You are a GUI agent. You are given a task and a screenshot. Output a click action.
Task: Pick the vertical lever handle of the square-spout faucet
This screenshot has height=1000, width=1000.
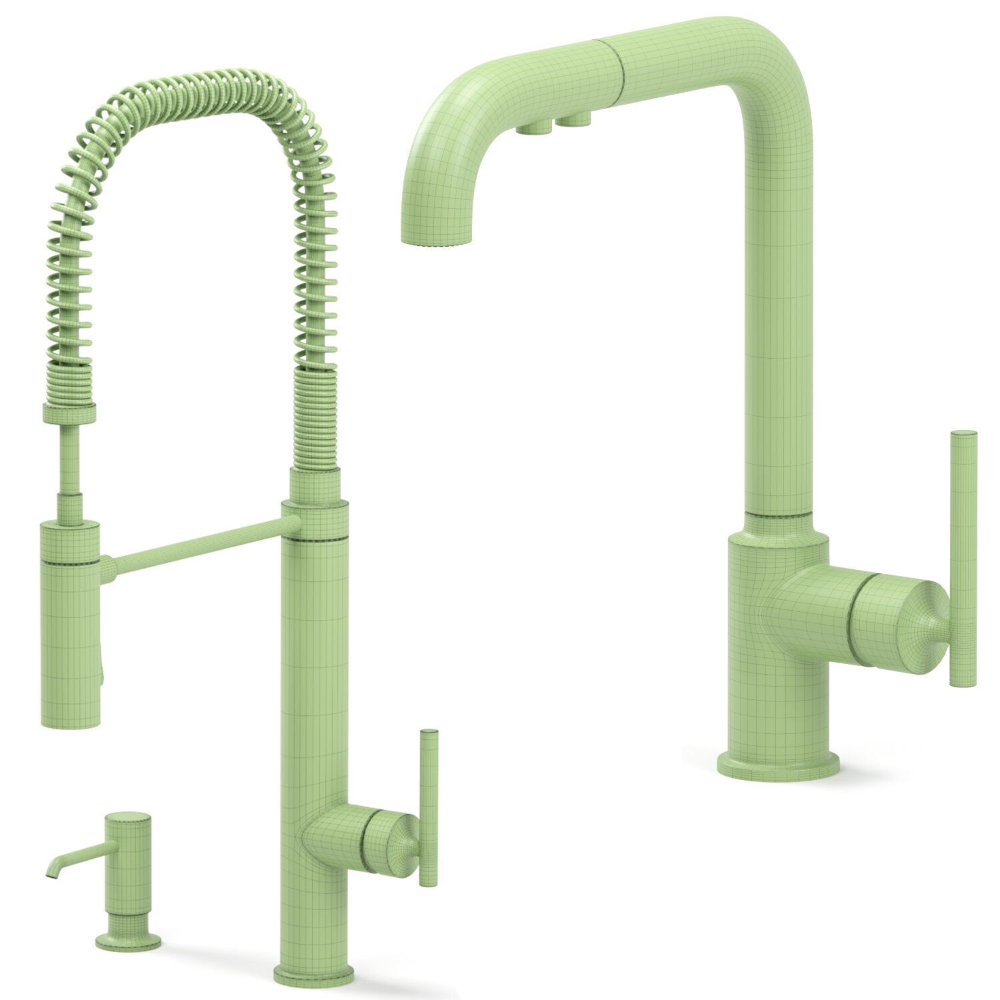962,557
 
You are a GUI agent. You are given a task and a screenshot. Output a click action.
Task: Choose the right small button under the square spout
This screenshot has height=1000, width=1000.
576,121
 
